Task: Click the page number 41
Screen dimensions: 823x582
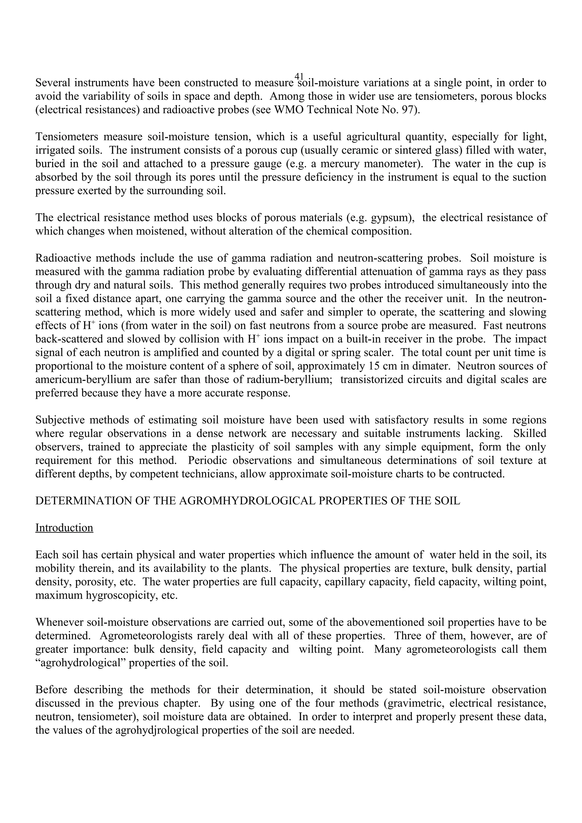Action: pos(299,76)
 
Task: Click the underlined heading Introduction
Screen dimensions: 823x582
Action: pos(64,528)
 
